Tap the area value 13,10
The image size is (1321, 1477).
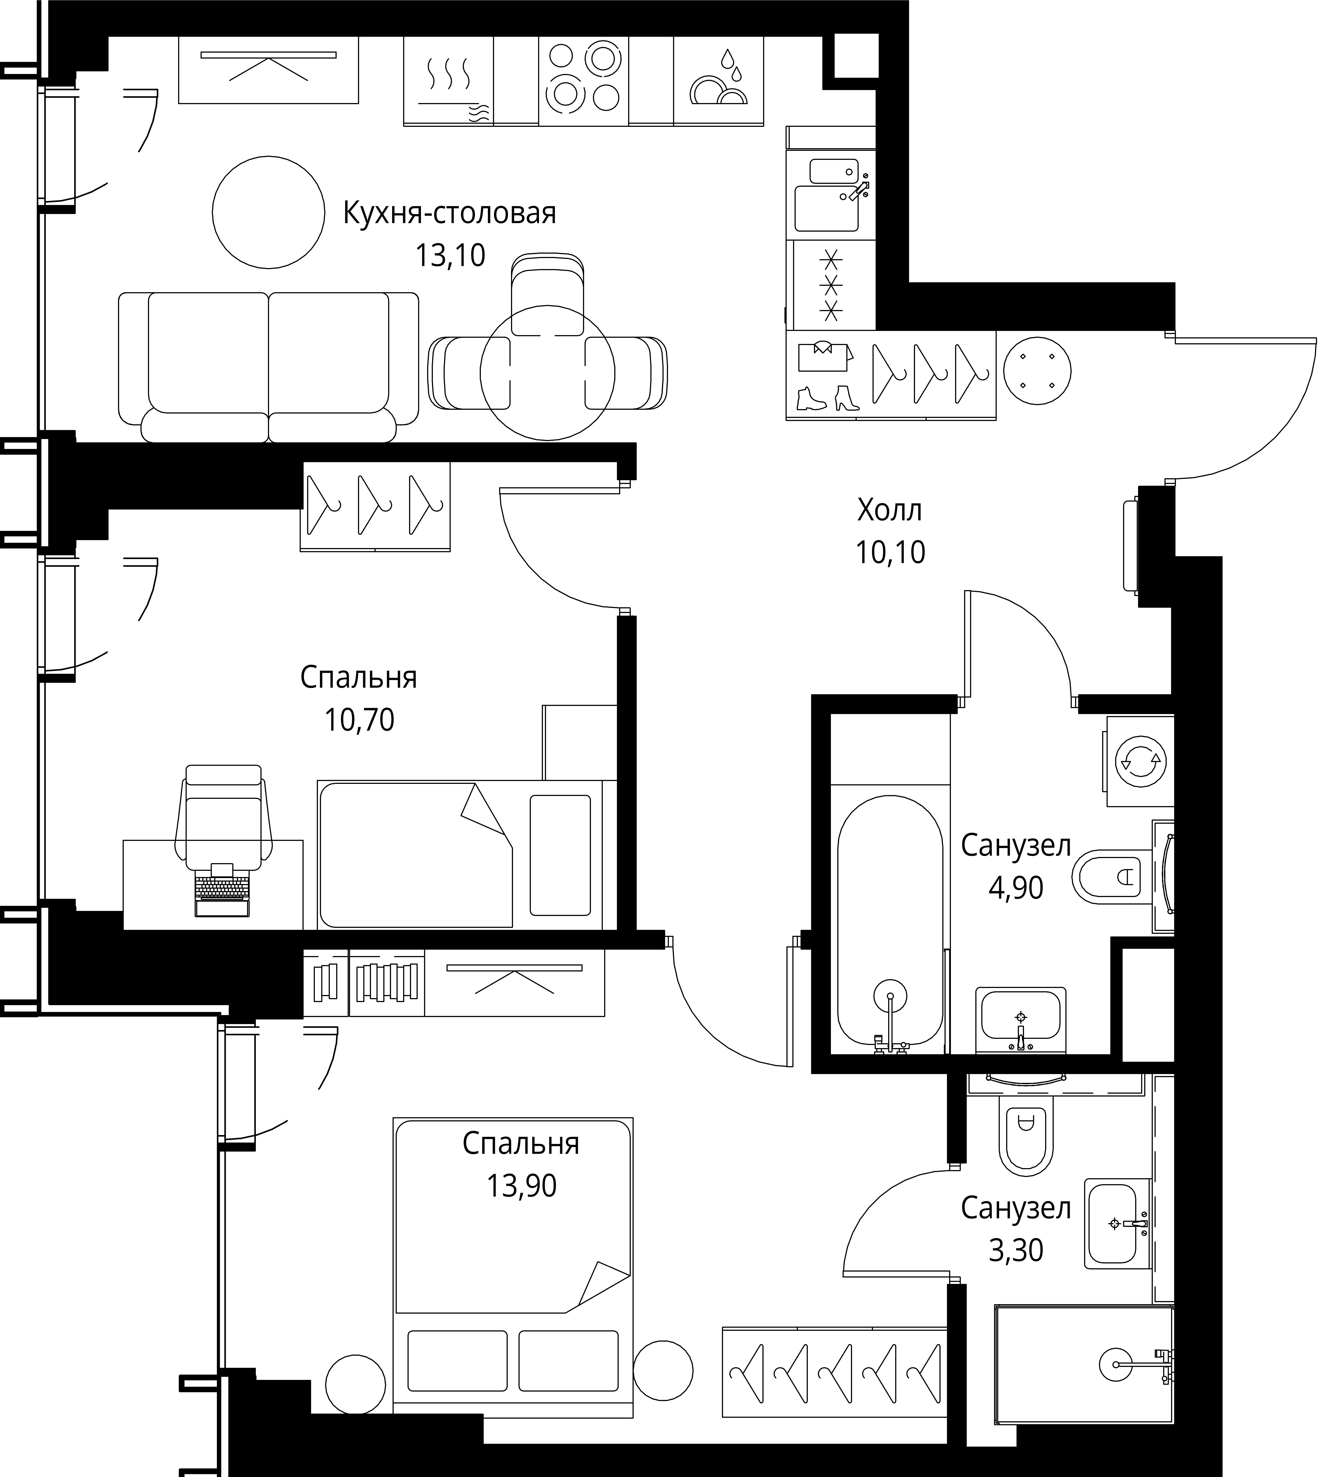tap(450, 255)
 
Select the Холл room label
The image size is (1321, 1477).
tap(890, 510)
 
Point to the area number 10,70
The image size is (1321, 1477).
tap(359, 720)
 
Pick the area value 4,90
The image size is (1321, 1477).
tap(1016, 888)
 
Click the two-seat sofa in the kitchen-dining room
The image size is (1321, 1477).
tap(269, 367)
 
